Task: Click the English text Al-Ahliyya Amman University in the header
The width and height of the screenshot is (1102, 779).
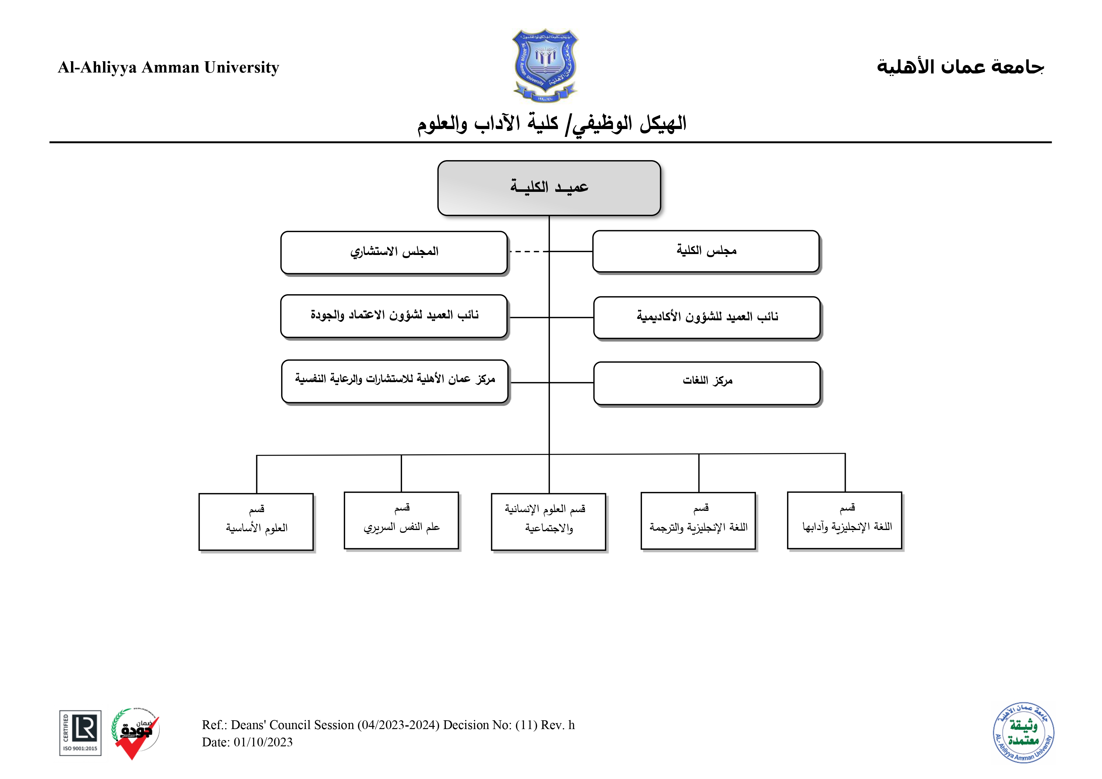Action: tap(168, 67)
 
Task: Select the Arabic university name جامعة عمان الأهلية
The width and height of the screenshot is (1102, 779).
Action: tap(960, 67)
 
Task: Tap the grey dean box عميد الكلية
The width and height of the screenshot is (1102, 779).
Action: tap(549, 188)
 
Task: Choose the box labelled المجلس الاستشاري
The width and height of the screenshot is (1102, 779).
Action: tap(394, 252)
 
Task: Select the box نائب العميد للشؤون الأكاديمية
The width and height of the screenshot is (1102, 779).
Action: tap(707, 317)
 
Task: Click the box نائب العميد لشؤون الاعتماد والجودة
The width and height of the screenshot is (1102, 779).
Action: tap(394, 316)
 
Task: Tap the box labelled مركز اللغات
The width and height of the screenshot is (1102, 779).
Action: tap(707, 382)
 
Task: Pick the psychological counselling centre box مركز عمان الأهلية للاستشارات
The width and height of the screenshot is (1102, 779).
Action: tap(394, 381)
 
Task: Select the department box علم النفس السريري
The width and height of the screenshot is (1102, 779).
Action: tap(401, 520)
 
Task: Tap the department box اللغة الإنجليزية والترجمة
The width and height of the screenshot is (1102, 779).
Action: tap(698, 521)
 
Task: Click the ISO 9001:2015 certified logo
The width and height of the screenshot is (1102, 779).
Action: tap(80, 733)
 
